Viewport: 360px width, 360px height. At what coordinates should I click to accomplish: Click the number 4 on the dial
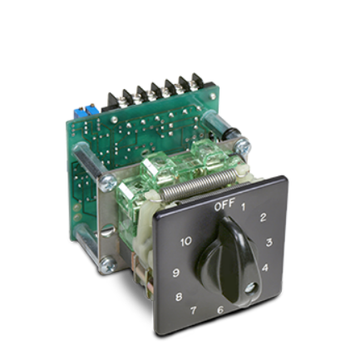pos(264,268)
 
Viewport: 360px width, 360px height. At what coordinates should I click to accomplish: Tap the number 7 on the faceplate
pos(194,312)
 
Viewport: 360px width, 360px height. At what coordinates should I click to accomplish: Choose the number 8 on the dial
pos(179,296)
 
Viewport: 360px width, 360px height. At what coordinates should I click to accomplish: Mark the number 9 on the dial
pos(175,273)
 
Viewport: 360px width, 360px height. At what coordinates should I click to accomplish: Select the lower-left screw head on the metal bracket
pos(106,266)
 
